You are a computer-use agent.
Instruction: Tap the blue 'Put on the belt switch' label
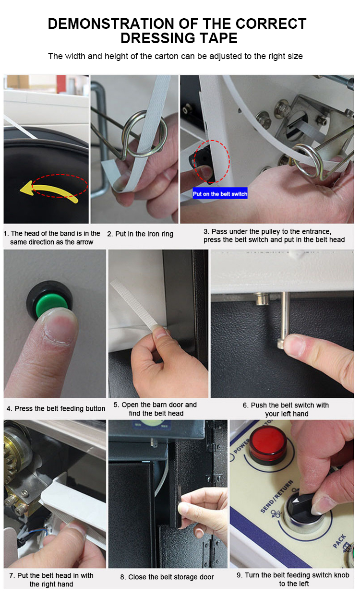[220, 194]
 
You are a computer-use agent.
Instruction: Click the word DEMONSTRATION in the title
[111, 24]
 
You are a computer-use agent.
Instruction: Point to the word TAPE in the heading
[219, 38]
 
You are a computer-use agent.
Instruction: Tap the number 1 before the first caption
[5, 234]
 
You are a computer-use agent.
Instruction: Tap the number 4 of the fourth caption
[9, 409]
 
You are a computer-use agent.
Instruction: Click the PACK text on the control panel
[339, 541]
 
